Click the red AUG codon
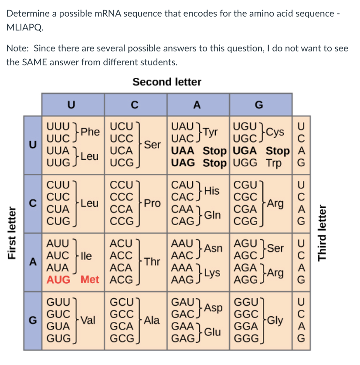click(x=58, y=279)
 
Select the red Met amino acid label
click(x=90, y=279)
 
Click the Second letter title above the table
click(x=167, y=82)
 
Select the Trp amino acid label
click(x=274, y=163)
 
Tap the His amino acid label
click(x=214, y=190)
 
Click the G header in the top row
click(x=259, y=105)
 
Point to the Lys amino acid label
click(x=214, y=272)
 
